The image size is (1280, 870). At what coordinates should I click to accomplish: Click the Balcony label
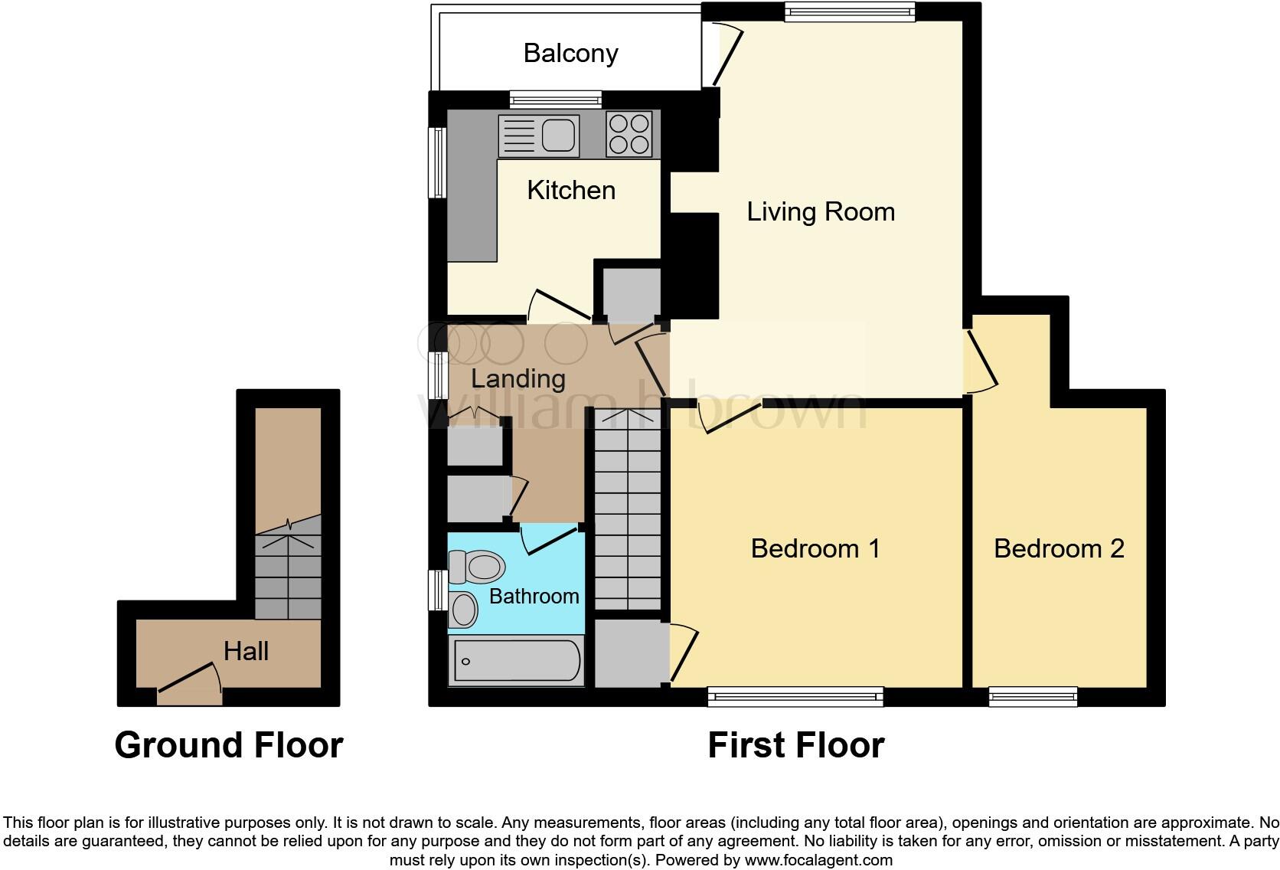point(570,53)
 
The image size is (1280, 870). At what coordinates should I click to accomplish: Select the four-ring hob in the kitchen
point(629,134)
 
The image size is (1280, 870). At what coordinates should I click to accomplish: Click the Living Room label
point(820,211)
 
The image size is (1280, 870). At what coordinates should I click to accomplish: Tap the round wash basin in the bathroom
point(463,610)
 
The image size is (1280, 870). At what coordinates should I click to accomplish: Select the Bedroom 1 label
point(815,548)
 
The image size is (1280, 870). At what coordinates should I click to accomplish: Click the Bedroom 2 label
point(1059,548)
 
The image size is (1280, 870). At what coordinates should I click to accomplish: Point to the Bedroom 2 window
point(1033,696)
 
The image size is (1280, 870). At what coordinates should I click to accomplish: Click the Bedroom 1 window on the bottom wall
point(795,696)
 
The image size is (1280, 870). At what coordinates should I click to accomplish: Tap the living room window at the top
point(850,11)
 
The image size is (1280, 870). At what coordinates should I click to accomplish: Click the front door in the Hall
point(190,683)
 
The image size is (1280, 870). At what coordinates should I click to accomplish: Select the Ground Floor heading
point(228,745)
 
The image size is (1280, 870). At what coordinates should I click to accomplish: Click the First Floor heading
point(795,745)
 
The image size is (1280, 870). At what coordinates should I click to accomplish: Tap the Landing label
point(518,378)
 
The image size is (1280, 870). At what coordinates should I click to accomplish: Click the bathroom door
point(548,539)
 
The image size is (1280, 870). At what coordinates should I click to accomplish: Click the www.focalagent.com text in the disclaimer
point(818,860)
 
